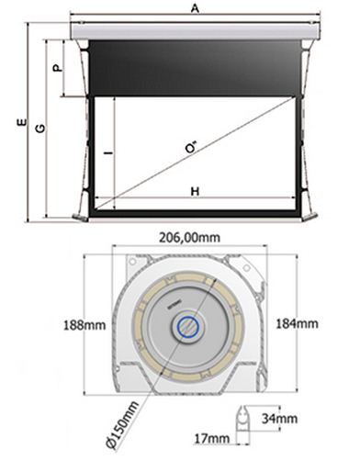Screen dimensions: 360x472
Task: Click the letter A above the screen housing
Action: coord(195,8)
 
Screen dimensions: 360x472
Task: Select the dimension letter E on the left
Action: coord(21,122)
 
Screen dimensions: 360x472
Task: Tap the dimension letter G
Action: coord(40,129)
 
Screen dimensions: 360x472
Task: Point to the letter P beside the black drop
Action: coord(58,68)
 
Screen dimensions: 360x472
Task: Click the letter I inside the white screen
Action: coord(108,152)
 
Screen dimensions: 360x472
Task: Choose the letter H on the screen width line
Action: coord(195,192)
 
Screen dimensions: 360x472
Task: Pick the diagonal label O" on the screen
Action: coord(191,148)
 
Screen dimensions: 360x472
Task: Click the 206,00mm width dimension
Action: coord(189,238)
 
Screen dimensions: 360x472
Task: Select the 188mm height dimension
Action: coord(84,325)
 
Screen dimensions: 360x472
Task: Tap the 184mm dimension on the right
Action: coord(297,323)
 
